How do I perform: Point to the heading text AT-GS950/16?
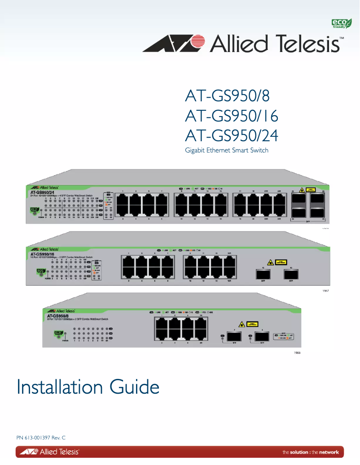[232, 116]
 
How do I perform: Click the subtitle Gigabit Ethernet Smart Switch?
[227, 150]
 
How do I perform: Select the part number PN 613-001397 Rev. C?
[41, 438]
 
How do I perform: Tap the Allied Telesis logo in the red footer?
[48, 452]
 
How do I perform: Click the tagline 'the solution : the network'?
[310, 452]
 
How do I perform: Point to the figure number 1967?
[326, 291]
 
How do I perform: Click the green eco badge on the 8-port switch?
[58, 333]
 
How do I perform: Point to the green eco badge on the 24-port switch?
[34, 210]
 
